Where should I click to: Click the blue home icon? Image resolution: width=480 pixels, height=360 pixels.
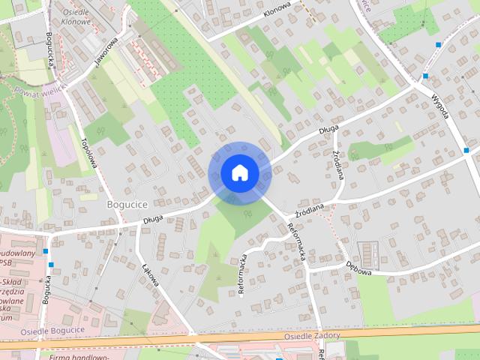pos(239,172)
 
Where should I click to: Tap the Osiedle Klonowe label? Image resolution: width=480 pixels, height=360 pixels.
pos(75,17)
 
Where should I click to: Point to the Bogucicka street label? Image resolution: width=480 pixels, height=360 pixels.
pos(50,51)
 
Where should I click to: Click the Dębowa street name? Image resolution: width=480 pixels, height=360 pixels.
pos(360,265)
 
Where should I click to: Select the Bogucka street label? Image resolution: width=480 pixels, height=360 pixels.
pos(46,289)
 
